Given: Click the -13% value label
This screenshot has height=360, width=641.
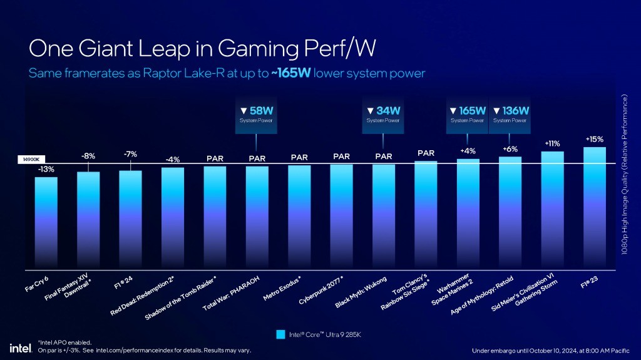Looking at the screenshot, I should [x=46, y=169].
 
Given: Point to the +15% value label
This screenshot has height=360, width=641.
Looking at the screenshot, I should [x=594, y=139].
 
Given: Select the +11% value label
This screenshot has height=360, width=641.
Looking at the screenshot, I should [x=552, y=143].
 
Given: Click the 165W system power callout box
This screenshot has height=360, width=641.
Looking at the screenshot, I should [x=467, y=115].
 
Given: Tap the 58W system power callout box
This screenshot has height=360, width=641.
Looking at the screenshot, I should [x=257, y=115].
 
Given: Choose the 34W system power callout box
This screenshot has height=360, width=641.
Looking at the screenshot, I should [x=383, y=115].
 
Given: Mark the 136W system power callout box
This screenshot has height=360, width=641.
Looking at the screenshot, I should [x=510, y=115].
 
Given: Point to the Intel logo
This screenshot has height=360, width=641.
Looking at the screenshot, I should [x=17, y=347].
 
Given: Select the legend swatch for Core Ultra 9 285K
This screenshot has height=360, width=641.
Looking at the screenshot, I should [x=281, y=335].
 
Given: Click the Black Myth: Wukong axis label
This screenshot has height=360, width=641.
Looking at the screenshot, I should [x=361, y=292].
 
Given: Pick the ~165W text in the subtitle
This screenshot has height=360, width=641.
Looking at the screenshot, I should [x=291, y=73].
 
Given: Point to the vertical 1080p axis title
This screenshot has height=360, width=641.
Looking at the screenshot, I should [x=625, y=175].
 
